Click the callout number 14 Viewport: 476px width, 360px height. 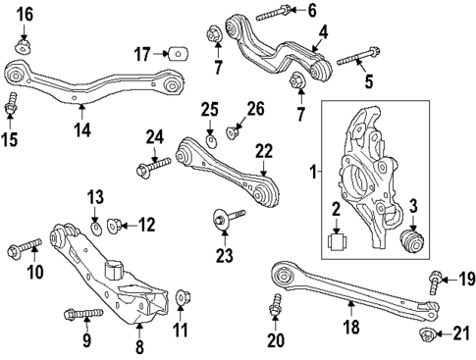82,128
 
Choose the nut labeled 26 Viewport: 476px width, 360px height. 233,130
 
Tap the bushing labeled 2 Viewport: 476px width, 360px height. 338,241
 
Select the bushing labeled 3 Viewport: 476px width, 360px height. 413,242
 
